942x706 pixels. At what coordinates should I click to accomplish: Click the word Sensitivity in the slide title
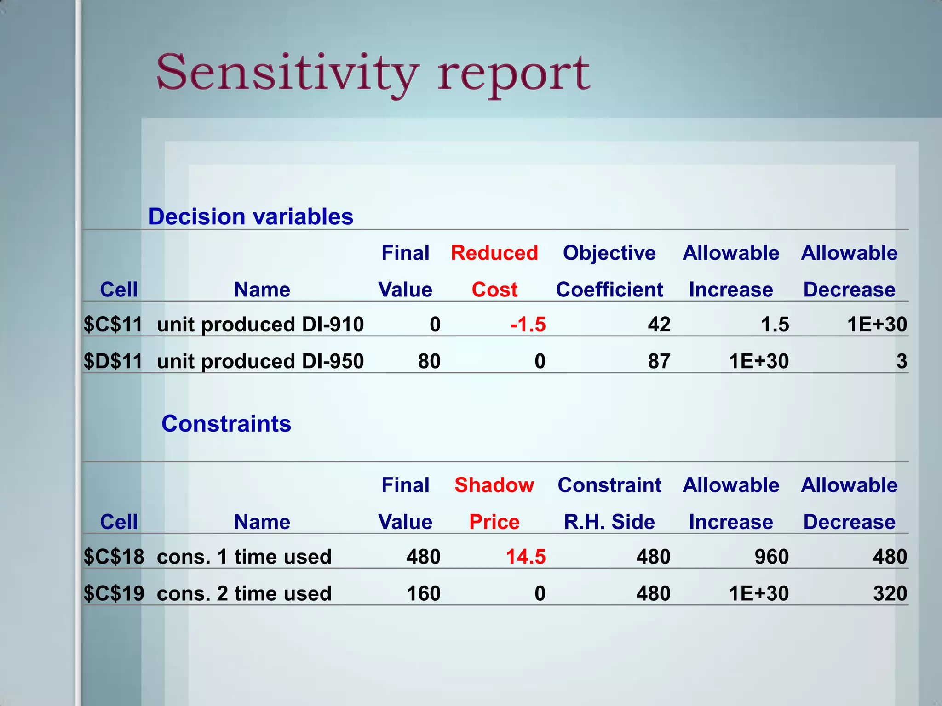(287, 74)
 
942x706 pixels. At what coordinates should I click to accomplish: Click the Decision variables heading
(251, 216)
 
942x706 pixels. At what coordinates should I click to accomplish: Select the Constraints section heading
(226, 423)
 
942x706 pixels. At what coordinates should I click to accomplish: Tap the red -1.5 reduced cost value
(528, 325)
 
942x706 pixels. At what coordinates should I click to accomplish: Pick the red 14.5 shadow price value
(526, 557)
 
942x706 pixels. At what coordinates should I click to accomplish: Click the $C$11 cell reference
(113, 325)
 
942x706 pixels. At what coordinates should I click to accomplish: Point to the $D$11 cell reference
(113, 361)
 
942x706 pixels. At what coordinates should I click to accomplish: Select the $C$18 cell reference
(114, 557)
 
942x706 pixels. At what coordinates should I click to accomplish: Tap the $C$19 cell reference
(114, 593)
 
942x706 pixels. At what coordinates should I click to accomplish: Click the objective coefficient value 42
(659, 325)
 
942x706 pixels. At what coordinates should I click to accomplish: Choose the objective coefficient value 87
(659, 361)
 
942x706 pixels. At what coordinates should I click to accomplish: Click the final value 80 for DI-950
(429, 361)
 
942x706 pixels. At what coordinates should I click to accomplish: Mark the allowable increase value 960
(771, 557)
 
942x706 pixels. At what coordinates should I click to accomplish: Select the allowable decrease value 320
(890, 593)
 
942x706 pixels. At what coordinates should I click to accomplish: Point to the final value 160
(424, 593)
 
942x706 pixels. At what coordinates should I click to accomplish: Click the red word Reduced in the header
(494, 253)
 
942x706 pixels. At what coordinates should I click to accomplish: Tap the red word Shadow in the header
(494, 485)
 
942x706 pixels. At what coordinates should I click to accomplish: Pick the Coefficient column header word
(609, 290)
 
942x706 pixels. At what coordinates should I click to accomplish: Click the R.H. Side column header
(609, 522)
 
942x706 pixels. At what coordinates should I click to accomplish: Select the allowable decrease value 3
(902, 361)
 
